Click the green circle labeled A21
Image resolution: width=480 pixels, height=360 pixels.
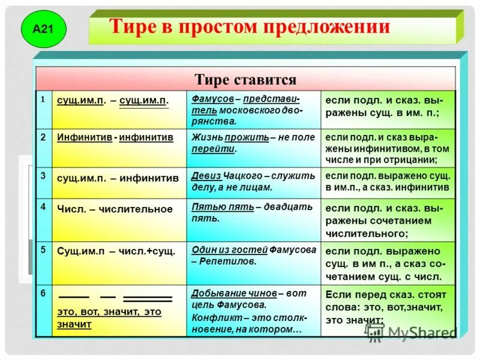click(x=43, y=29)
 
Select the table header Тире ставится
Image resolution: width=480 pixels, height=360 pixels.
click(x=245, y=80)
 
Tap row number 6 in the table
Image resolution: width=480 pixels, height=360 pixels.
click(x=43, y=293)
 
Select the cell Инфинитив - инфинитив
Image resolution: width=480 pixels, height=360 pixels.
click(x=115, y=137)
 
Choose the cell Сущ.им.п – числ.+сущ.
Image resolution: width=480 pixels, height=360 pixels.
click(x=116, y=251)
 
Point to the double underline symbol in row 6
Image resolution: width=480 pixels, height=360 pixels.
click(x=147, y=299)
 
